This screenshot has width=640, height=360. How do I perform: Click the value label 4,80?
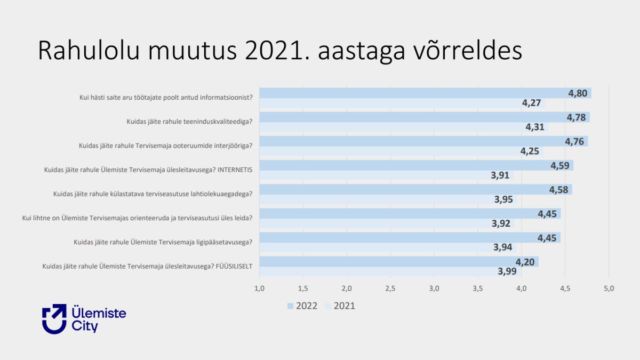pos(578,93)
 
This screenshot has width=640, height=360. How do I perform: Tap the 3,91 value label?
pos(500,175)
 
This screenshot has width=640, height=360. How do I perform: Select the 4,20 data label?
pos(525,262)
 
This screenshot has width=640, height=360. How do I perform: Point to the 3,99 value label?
pos(507,271)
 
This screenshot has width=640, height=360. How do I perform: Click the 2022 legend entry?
pos(302,306)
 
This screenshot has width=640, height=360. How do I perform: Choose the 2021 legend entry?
pos(340,306)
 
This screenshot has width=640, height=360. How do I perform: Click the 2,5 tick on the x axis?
pos(390,289)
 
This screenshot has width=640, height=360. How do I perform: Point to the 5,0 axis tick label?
pos(609,289)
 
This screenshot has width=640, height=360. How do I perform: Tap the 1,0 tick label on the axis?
pos(259,289)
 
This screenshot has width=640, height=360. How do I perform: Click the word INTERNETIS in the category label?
pos(235,170)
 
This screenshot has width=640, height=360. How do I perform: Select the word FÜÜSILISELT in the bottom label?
pos(234,266)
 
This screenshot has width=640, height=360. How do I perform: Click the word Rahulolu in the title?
pos(89,51)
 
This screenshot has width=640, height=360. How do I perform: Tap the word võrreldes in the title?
pos(468,51)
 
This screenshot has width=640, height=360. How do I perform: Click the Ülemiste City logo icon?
pos(54,319)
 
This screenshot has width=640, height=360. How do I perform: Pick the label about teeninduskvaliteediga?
pos(189,122)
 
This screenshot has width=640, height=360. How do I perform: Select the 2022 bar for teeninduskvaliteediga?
pos(425,117)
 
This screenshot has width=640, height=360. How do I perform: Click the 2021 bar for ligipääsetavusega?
pos(388,247)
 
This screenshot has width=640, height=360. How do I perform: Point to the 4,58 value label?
pos(558,190)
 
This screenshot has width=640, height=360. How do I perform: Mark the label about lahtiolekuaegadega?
pos(153,194)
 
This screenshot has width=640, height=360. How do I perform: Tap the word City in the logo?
pos(85,326)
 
